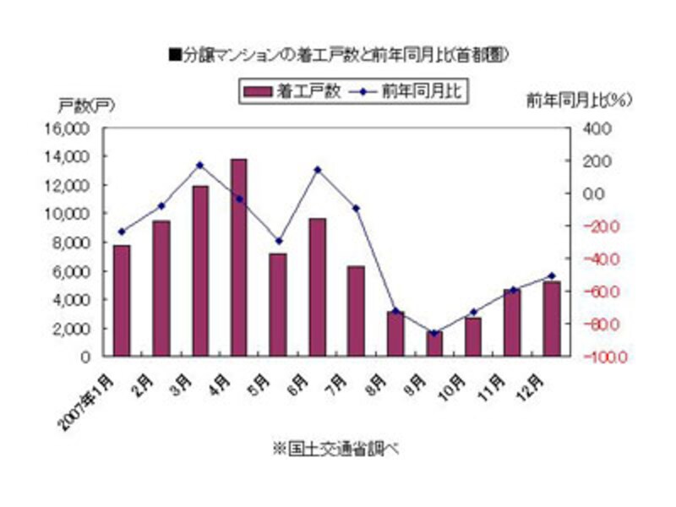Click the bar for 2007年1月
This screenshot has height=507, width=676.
point(122,300)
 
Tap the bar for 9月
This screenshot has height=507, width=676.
point(434,343)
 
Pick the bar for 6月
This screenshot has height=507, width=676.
point(317,286)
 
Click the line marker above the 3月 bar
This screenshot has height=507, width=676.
point(200,165)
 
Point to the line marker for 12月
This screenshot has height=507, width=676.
point(552,275)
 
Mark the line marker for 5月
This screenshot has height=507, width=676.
point(278,241)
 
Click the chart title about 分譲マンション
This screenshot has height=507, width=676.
point(338,56)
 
